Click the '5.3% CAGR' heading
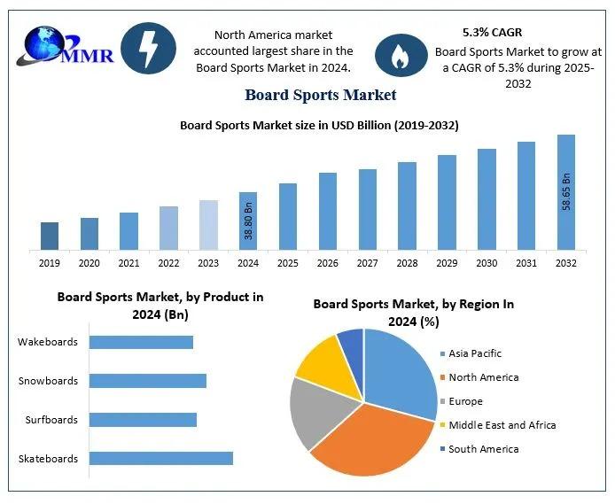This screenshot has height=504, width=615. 492,32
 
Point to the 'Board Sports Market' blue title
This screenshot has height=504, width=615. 320,95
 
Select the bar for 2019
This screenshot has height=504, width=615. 50,236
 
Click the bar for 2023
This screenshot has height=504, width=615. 208,225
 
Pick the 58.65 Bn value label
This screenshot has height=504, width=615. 566,191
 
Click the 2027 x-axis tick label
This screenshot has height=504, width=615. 367,263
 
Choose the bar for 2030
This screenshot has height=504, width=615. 487,199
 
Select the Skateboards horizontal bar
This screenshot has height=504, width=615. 161,458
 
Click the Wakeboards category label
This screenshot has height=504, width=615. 48,342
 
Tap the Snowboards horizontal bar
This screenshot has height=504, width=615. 148,381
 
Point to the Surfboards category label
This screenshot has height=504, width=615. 50,420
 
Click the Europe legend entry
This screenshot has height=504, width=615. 465,401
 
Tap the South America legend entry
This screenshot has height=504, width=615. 483,449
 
